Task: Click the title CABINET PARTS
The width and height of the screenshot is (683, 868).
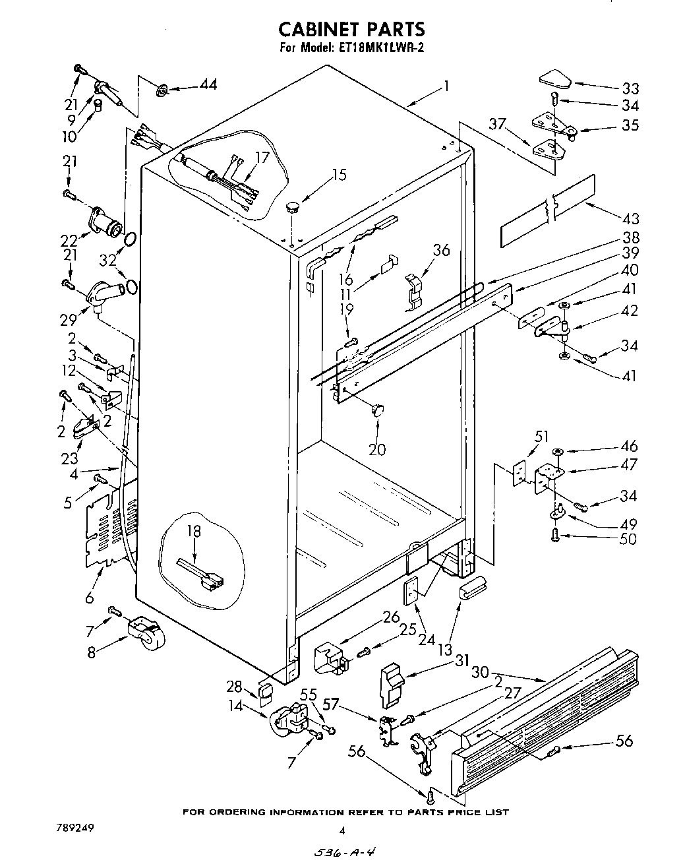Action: [x=351, y=29]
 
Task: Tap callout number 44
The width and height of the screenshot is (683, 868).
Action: [x=208, y=84]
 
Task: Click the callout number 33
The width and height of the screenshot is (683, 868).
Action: [x=630, y=88]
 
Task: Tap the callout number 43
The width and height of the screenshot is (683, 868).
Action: [x=630, y=218]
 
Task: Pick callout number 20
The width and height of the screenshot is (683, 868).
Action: [x=377, y=450]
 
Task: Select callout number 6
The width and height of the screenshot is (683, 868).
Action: [x=90, y=598]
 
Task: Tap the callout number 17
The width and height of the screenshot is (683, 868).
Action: [x=262, y=158]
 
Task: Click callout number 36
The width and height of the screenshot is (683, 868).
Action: [x=441, y=250]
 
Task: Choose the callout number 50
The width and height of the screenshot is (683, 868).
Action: [x=628, y=539]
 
